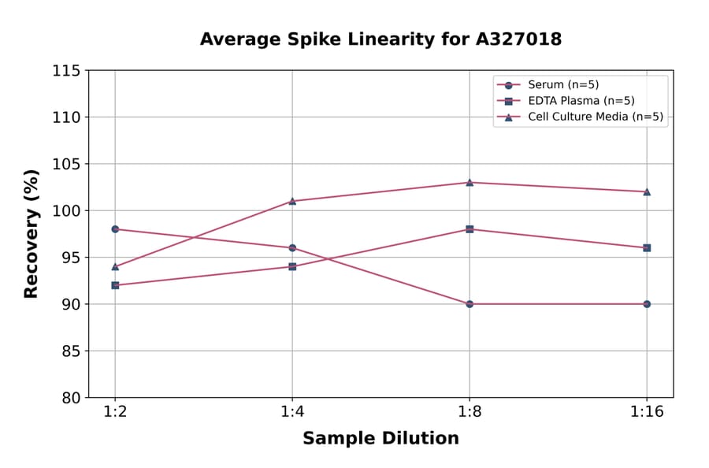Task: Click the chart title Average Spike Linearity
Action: point(380,39)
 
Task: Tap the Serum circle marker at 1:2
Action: point(115,229)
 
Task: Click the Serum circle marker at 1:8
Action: point(470,304)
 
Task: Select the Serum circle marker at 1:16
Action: point(647,304)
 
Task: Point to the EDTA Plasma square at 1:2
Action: point(115,285)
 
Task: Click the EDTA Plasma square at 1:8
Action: point(470,229)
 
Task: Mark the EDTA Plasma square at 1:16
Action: point(647,247)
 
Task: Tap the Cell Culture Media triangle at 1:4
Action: point(292,201)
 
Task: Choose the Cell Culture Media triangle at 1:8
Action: point(470,182)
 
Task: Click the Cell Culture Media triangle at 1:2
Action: point(115,266)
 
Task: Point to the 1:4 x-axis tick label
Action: point(292,413)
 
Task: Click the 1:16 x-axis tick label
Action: point(647,413)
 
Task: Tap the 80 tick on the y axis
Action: point(71,398)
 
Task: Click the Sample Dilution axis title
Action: point(380,439)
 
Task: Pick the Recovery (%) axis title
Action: point(32,234)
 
